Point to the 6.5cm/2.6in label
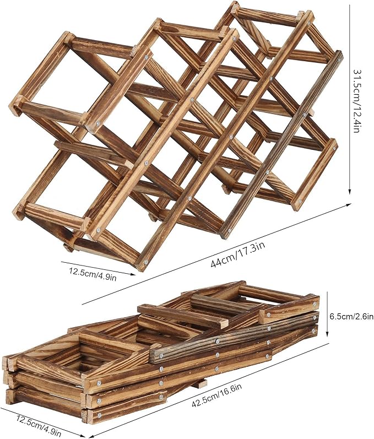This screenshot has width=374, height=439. point(350,316)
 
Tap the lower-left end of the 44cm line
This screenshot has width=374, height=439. point(83,303)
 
